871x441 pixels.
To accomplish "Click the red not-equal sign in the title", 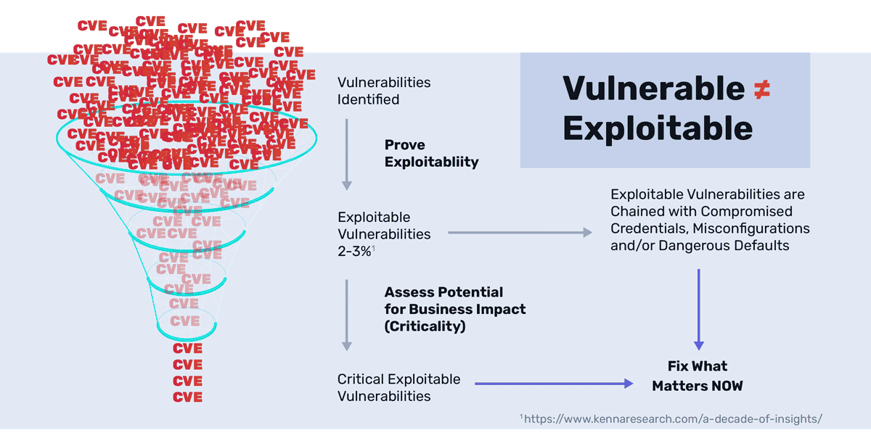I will [758, 89].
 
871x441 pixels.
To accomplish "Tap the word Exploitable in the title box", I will [657, 128].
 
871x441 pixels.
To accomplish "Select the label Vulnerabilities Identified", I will [383, 91].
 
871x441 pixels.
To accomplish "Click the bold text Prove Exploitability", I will [431, 153].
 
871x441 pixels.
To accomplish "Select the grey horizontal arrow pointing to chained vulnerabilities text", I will [520, 233].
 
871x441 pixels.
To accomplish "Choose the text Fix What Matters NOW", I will [698, 376].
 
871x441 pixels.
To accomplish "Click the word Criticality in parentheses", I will [425, 326].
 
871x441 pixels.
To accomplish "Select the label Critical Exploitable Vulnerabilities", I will [398, 387].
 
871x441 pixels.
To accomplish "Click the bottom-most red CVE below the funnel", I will [187, 397].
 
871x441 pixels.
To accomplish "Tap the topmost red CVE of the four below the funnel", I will [187, 348].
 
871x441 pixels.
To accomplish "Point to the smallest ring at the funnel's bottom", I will [186, 329].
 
